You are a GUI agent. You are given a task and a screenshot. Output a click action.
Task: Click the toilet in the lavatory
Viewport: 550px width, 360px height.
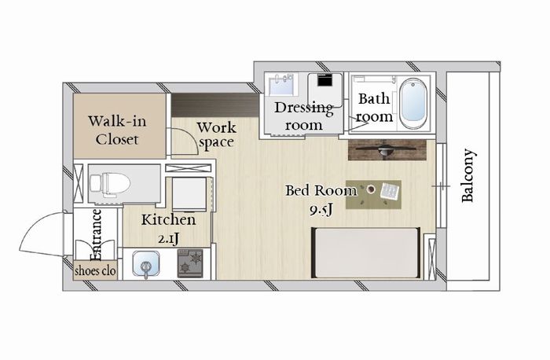pos(110,183)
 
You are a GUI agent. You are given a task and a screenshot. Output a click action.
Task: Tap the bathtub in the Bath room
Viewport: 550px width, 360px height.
pos(414,104)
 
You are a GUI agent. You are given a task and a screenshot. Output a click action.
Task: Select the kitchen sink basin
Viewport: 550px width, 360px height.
pos(146,265)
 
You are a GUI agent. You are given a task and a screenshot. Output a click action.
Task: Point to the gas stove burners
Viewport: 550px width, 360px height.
pos(190,263)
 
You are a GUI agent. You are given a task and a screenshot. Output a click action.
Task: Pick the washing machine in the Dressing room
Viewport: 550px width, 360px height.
pos(324,90)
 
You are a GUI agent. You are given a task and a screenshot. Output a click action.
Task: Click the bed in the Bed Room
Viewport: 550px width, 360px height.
pos(366,253)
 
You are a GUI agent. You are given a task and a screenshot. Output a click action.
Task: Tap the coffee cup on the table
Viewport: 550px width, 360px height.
pos(370,189)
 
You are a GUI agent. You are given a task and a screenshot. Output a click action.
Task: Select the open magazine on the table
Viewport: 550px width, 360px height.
pos(390,192)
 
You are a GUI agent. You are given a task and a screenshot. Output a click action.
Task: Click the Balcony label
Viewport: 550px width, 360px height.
pos(467,176)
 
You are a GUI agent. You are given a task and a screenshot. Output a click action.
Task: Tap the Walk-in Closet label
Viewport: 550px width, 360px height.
pos(117,130)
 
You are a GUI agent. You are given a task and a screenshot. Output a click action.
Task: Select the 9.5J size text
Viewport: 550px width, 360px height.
pos(321,210)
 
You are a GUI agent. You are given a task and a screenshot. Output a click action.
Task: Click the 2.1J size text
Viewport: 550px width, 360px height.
pos(169,239)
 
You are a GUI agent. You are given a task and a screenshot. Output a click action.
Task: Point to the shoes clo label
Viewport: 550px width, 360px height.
pos(95,271)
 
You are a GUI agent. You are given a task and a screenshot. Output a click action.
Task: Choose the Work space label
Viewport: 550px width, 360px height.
pos(216,135)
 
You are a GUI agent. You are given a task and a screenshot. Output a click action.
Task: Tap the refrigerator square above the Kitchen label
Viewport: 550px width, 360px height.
pos(190,194)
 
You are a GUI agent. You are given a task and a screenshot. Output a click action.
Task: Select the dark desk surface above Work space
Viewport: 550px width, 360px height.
pos(215,105)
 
